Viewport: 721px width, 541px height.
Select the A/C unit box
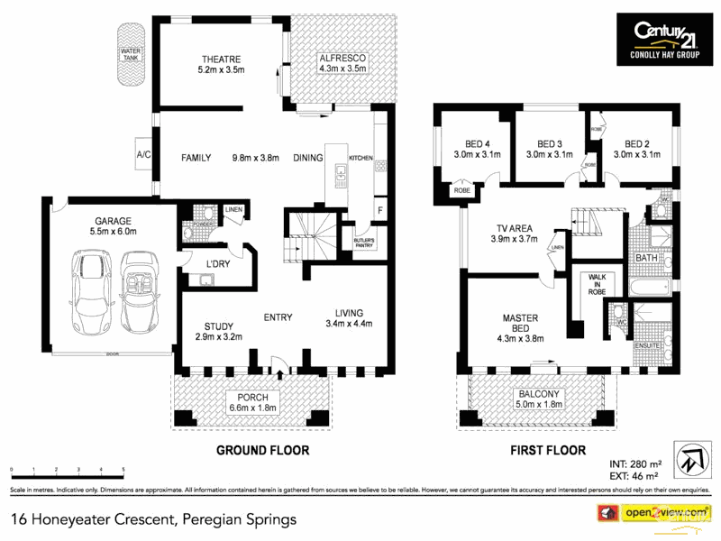[x=142, y=152]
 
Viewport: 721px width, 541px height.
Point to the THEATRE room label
[x=221, y=60]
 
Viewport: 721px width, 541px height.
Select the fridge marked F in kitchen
[x=380, y=210]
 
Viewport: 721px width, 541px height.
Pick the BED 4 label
[x=476, y=143]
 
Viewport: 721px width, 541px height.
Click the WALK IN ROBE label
[x=596, y=283]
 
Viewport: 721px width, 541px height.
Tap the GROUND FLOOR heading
[x=262, y=449]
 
